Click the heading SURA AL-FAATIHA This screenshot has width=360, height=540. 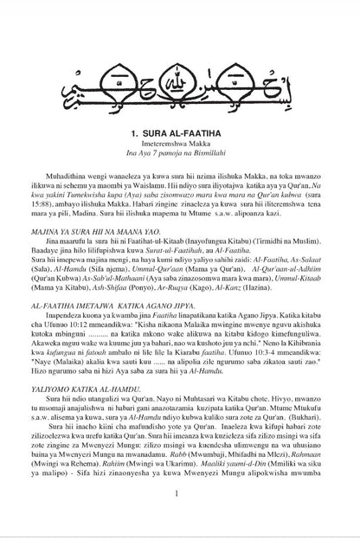pyautogui.click(x=179, y=136)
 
